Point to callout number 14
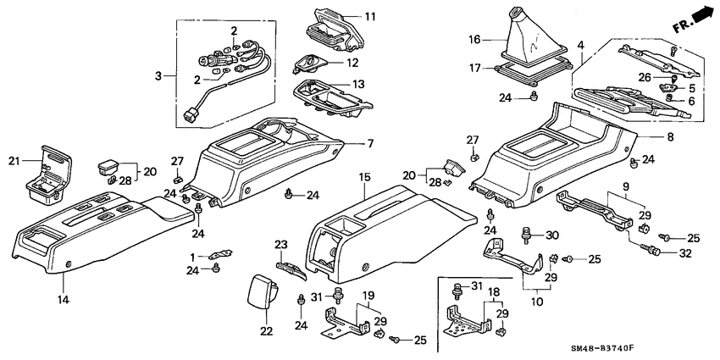tap(63, 299)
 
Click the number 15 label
tap(365, 177)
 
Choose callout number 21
tap(13, 161)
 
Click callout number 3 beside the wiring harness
tap(158, 75)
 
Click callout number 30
tap(552, 235)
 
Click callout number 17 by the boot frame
tap(474, 68)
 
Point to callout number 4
tap(580, 43)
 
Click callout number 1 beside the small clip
tap(191, 256)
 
